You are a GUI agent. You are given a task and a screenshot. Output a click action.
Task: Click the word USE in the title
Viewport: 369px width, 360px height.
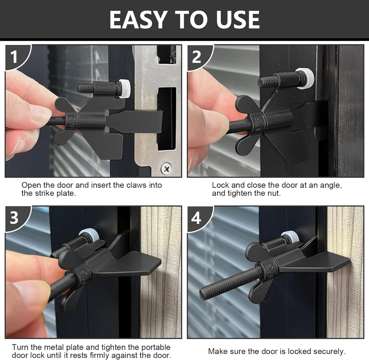[x=238, y=20]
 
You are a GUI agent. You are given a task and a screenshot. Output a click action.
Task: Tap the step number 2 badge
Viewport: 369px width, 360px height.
[x=197, y=57]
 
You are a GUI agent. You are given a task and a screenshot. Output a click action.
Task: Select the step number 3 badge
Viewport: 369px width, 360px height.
[x=14, y=218]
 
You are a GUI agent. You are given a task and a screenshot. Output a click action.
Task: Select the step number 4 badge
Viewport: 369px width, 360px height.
[x=196, y=218]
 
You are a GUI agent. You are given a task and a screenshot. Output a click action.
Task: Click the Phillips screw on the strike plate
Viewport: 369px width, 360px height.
[x=166, y=168]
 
